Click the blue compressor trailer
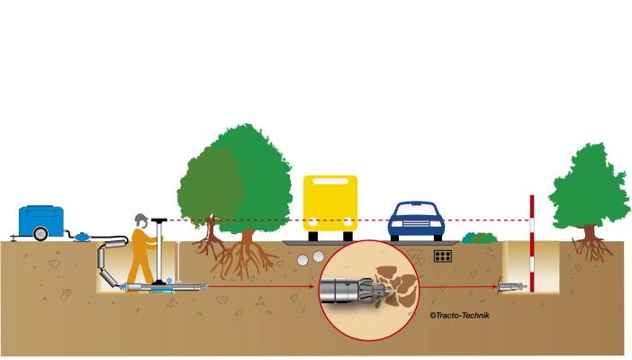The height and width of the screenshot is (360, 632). [x=43, y=221]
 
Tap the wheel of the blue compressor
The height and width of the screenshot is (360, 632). [x=39, y=235]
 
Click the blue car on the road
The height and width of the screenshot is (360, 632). [x=417, y=220]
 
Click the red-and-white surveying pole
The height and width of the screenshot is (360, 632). [x=532, y=243]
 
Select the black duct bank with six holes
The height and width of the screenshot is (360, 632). [x=442, y=256]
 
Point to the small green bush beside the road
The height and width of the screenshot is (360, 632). [x=480, y=238]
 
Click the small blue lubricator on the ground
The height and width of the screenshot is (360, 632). [x=84, y=236]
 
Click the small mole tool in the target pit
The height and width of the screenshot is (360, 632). [x=511, y=287]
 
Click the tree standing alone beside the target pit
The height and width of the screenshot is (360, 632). [x=590, y=193]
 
